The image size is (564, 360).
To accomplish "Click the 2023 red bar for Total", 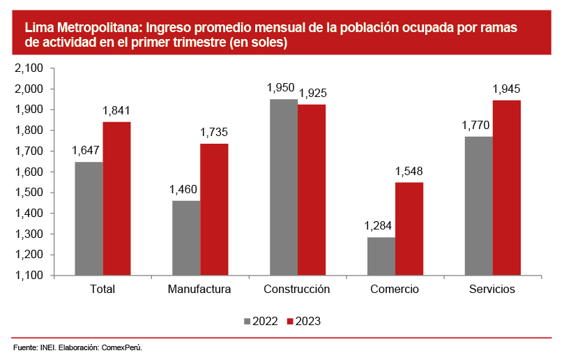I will [x=116, y=199].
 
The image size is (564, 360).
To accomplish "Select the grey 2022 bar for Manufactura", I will [x=186, y=238].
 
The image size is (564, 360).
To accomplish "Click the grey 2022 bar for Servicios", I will [x=479, y=206].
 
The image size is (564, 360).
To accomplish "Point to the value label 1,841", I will [x=116, y=111].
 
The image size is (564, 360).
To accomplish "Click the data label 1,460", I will [x=184, y=190].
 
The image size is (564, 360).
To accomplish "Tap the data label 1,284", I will [x=379, y=226].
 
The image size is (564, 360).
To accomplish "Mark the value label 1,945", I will [x=507, y=89].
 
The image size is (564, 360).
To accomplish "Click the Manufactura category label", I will [x=199, y=290].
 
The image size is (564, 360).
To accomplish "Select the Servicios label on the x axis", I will [x=492, y=290].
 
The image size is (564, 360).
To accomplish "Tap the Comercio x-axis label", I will [x=395, y=290].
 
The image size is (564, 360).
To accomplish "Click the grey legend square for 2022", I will [x=247, y=322].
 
